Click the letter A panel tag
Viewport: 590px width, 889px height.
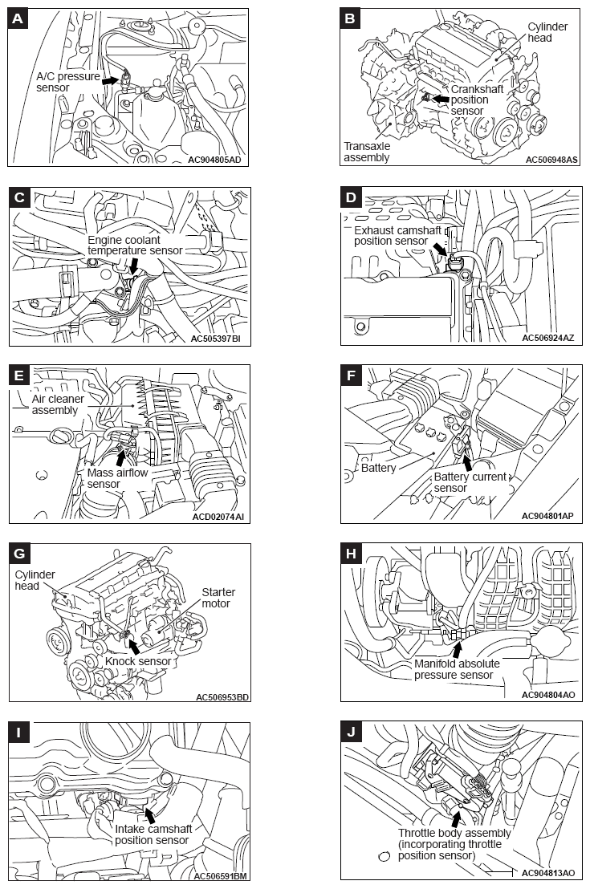click(19, 19)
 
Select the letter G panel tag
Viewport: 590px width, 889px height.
click(20, 554)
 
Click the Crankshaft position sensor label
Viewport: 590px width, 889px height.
click(478, 100)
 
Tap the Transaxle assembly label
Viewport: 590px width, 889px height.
click(368, 152)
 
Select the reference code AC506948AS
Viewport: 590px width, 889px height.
click(551, 160)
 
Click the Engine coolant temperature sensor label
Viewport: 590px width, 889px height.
click(136, 245)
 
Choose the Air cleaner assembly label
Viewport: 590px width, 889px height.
click(58, 404)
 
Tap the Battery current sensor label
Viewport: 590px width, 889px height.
click(470, 482)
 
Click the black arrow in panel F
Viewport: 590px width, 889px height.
click(467, 461)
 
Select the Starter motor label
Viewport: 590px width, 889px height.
click(218, 598)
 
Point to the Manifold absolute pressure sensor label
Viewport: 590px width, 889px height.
click(457, 669)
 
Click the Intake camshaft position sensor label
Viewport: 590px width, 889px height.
click(152, 834)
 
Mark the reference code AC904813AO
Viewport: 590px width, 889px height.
click(547, 873)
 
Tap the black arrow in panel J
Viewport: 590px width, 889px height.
click(455, 818)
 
